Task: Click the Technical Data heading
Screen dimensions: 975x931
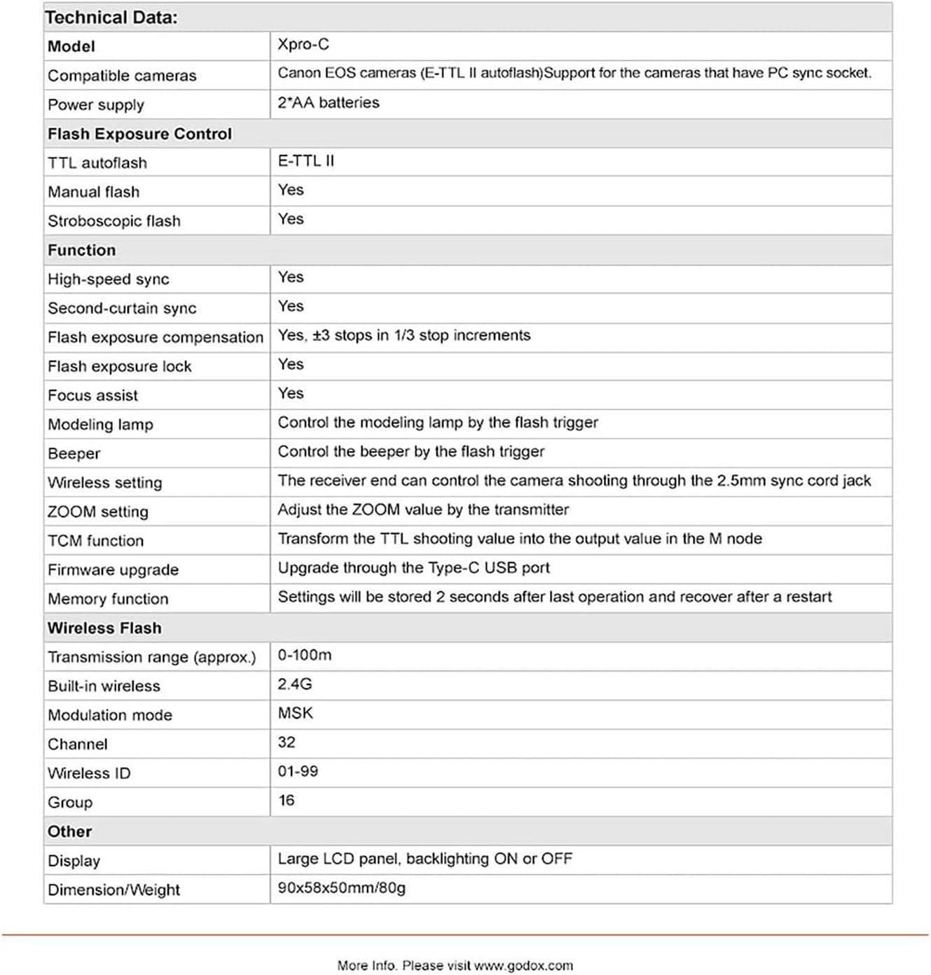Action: pyautogui.click(x=111, y=18)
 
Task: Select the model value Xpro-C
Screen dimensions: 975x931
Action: pyautogui.click(x=303, y=44)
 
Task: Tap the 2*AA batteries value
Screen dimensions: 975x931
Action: pyautogui.click(x=329, y=102)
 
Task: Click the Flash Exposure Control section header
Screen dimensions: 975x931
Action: pyautogui.click(x=139, y=134)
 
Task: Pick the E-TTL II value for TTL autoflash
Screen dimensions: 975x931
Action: pyautogui.click(x=306, y=161)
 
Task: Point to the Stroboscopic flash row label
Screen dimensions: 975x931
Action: pyautogui.click(x=114, y=221)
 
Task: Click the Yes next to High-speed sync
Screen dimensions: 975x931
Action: pyautogui.click(x=291, y=277)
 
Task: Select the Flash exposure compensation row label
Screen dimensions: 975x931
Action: pyautogui.click(x=156, y=337)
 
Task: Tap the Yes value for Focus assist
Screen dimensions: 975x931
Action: pyautogui.click(x=291, y=394)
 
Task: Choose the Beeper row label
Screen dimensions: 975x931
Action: pyautogui.click(x=74, y=453)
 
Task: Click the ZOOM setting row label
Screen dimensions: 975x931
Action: pyautogui.click(x=98, y=511)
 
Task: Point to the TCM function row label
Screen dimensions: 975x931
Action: pyautogui.click(x=96, y=541)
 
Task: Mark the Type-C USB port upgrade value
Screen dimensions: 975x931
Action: pyautogui.click(x=413, y=567)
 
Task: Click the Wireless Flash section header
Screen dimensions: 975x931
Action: pyautogui.click(x=104, y=628)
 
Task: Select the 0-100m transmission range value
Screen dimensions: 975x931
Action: pyautogui.click(x=305, y=655)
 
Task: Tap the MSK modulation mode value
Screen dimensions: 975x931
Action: pyautogui.click(x=296, y=713)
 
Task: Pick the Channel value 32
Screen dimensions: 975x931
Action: pyautogui.click(x=287, y=742)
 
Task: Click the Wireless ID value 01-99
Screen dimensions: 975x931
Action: pyautogui.click(x=298, y=771)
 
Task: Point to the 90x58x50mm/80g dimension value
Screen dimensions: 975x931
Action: pyautogui.click(x=342, y=888)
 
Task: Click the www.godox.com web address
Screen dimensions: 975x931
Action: pyautogui.click(x=523, y=965)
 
